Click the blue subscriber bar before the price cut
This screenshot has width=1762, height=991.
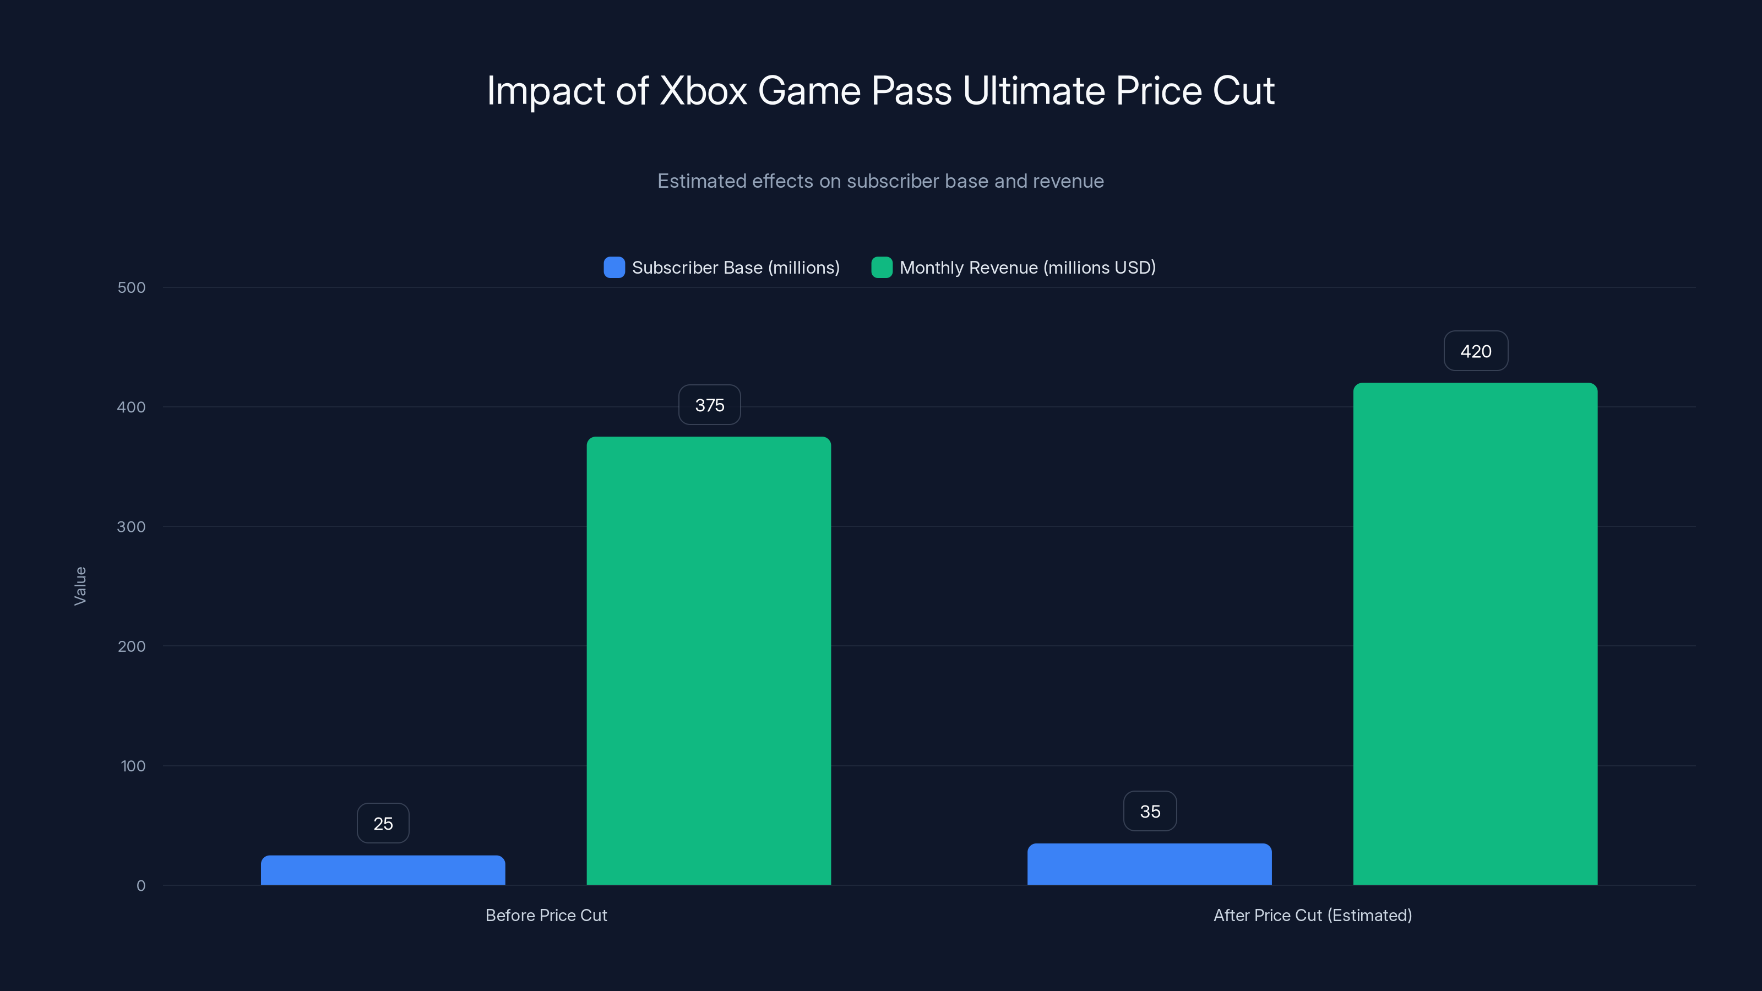(x=383, y=870)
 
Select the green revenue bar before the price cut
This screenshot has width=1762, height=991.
(x=709, y=661)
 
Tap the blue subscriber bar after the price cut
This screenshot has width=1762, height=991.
(x=1149, y=864)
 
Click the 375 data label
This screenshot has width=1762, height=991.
(x=709, y=405)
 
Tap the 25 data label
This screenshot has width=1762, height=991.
(x=383, y=824)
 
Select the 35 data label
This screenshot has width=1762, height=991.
(x=1150, y=811)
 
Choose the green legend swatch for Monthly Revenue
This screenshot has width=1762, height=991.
(x=882, y=268)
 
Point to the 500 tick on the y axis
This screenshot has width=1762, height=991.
(x=132, y=287)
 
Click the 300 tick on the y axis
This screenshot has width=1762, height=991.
(x=132, y=527)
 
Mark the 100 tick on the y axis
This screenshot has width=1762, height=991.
(x=133, y=766)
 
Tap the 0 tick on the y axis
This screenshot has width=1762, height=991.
(x=141, y=886)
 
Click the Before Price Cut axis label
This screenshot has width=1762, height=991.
(x=546, y=915)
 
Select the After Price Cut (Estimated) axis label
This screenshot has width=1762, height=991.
(x=1313, y=915)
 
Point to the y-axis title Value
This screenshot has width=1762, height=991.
(x=80, y=586)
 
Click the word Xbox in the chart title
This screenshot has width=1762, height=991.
(x=703, y=91)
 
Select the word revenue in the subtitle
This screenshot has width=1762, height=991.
(x=1069, y=181)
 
